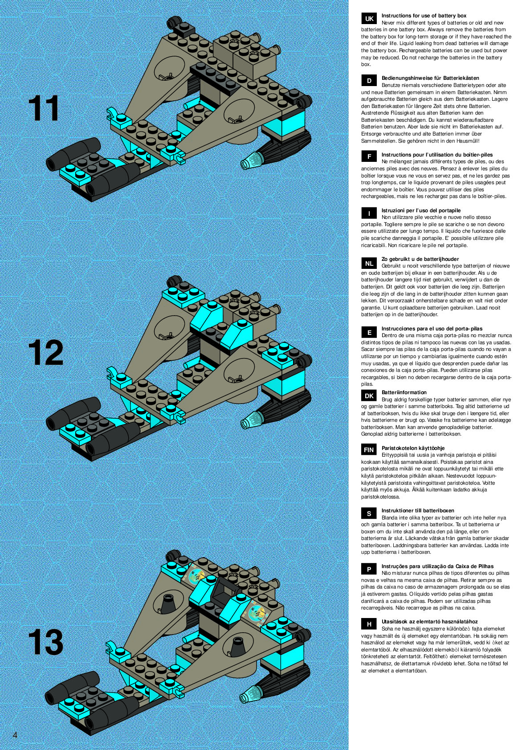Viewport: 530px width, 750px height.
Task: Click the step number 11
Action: tap(44, 108)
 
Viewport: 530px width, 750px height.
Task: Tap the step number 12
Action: tap(45, 353)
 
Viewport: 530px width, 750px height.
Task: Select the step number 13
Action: tap(45, 642)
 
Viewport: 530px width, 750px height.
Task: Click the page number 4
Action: tap(15, 735)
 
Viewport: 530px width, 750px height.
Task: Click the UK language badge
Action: tap(369, 19)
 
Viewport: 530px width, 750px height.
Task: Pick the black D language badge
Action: tap(369, 81)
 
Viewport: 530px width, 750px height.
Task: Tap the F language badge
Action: tap(369, 157)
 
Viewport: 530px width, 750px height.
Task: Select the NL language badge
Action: tap(369, 263)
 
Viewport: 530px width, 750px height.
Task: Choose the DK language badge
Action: tap(369, 396)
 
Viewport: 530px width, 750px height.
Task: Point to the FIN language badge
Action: tap(369, 450)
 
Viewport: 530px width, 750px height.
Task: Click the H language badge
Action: tap(369, 624)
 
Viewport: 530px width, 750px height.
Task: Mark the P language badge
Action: tap(369, 569)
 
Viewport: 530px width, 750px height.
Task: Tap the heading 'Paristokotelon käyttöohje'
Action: tap(413, 448)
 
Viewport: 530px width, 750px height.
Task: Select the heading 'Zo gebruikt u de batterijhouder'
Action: tap(420, 259)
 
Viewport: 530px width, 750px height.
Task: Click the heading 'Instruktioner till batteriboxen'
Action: tap(418, 511)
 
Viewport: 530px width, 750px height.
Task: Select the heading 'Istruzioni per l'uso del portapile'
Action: tap(421, 210)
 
